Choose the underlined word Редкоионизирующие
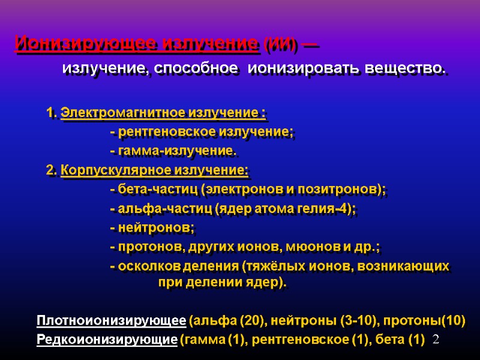pos(107,340)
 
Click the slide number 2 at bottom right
pos(436,340)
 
